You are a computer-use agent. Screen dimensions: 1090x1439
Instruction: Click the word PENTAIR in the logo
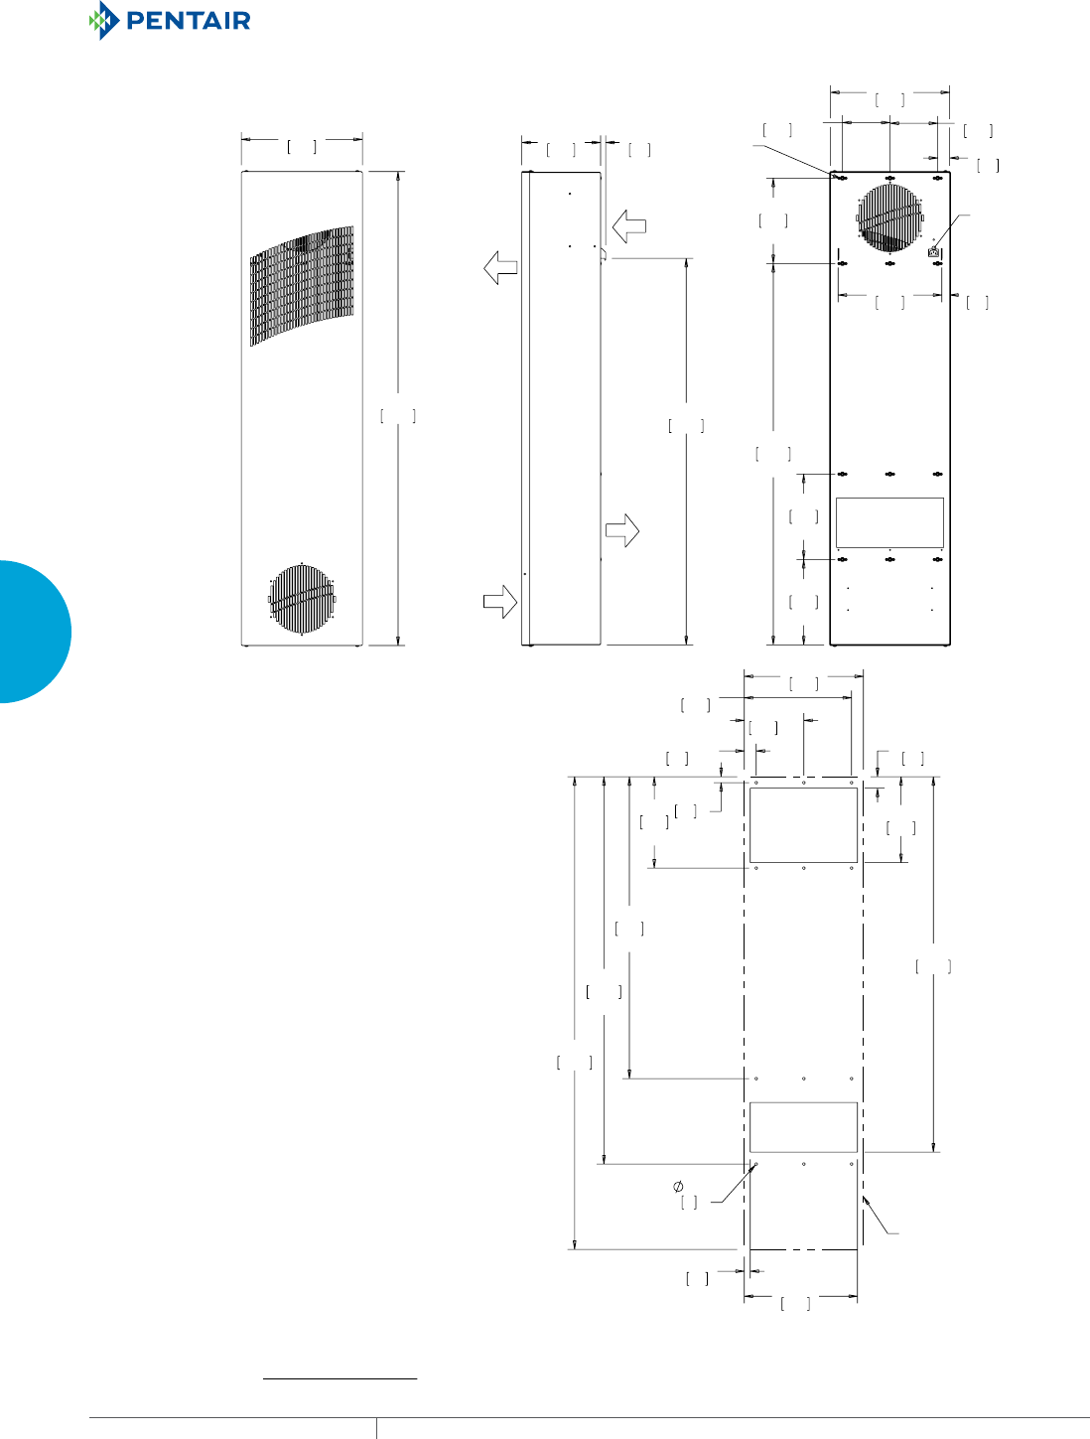189,21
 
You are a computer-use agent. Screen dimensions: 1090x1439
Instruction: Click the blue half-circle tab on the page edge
34,632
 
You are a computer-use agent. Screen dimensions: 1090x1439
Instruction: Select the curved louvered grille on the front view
302,284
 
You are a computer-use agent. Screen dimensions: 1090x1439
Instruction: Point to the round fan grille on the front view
302,598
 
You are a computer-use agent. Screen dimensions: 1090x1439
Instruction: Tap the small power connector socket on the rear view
933,252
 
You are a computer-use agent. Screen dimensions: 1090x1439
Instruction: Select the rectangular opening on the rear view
889,522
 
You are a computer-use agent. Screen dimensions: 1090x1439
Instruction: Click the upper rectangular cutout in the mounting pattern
803,824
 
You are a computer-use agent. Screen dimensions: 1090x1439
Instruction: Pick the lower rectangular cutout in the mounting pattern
803,1127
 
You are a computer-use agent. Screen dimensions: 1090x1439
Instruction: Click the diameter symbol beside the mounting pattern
679,1186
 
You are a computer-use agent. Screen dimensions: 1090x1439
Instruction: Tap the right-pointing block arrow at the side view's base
500,601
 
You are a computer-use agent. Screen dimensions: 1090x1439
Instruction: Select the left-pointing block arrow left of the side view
500,267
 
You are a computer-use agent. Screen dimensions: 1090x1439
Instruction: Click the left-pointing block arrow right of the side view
629,226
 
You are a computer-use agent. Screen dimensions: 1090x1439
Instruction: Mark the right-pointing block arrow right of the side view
622,530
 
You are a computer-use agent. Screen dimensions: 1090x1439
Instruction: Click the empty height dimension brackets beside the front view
398,416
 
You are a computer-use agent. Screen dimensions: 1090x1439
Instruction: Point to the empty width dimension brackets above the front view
302,147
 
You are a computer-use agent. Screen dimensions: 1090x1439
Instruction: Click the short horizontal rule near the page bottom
340,1378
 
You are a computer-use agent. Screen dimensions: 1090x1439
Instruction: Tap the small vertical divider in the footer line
377,1428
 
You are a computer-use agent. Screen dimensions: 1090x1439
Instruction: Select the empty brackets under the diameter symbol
689,1203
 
